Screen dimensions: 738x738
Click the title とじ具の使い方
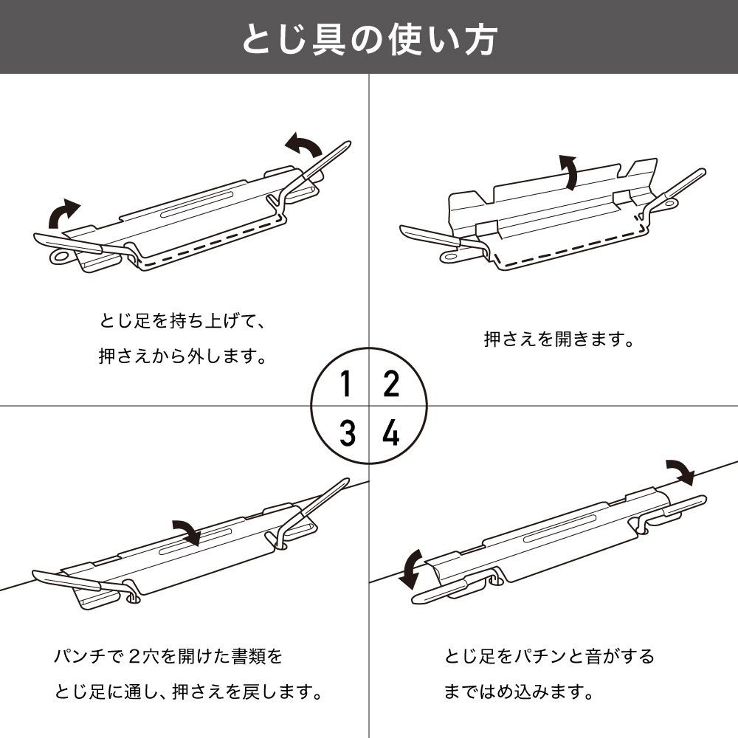click(369, 39)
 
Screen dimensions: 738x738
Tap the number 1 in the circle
click(345, 384)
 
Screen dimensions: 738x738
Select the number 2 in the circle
click(391, 384)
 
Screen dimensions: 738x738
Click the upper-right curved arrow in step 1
click(303, 145)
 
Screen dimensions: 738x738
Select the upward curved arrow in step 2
click(568, 172)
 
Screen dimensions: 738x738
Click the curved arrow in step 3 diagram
click(187, 531)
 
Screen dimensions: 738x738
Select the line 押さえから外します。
click(182, 356)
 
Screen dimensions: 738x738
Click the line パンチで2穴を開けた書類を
click(168, 655)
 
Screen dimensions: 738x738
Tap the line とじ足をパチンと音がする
click(549, 655)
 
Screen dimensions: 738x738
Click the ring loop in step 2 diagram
click(450, 255)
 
